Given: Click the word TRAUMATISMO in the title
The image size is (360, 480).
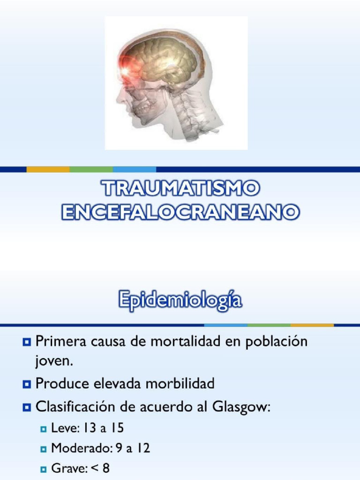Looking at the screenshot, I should click(180, 189).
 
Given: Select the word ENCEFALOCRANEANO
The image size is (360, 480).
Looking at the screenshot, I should click(180, 212).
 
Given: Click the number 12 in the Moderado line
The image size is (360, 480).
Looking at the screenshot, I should click(143, 448).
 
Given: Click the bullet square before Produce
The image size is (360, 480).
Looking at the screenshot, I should click(26, 384).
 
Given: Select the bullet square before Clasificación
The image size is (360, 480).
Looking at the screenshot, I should click(26, 408).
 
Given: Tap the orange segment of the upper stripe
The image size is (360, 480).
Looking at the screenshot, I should click(48, 169).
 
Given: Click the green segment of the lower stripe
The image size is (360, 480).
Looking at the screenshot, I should click(269, 324).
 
